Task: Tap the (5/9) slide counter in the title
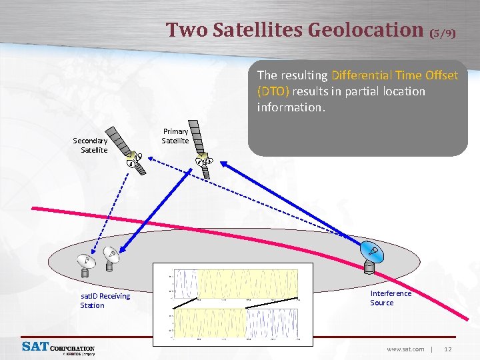tap(443, 32)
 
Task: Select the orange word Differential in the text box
tap(362, 75)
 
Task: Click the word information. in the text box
tap(291, 107)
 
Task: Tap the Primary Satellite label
tap(175, 136)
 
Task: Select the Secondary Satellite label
tap(90, 145)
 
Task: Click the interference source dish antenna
tap(371, 255)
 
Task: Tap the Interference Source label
tap(391, 298)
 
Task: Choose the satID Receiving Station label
tap(105, 301)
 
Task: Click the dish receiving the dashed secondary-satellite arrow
tap(87, 265)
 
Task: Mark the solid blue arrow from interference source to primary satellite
tap(293, 200)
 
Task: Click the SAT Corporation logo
tap(59, 348)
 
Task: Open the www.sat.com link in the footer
tap(405, 349)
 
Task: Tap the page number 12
tap(448, 349)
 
